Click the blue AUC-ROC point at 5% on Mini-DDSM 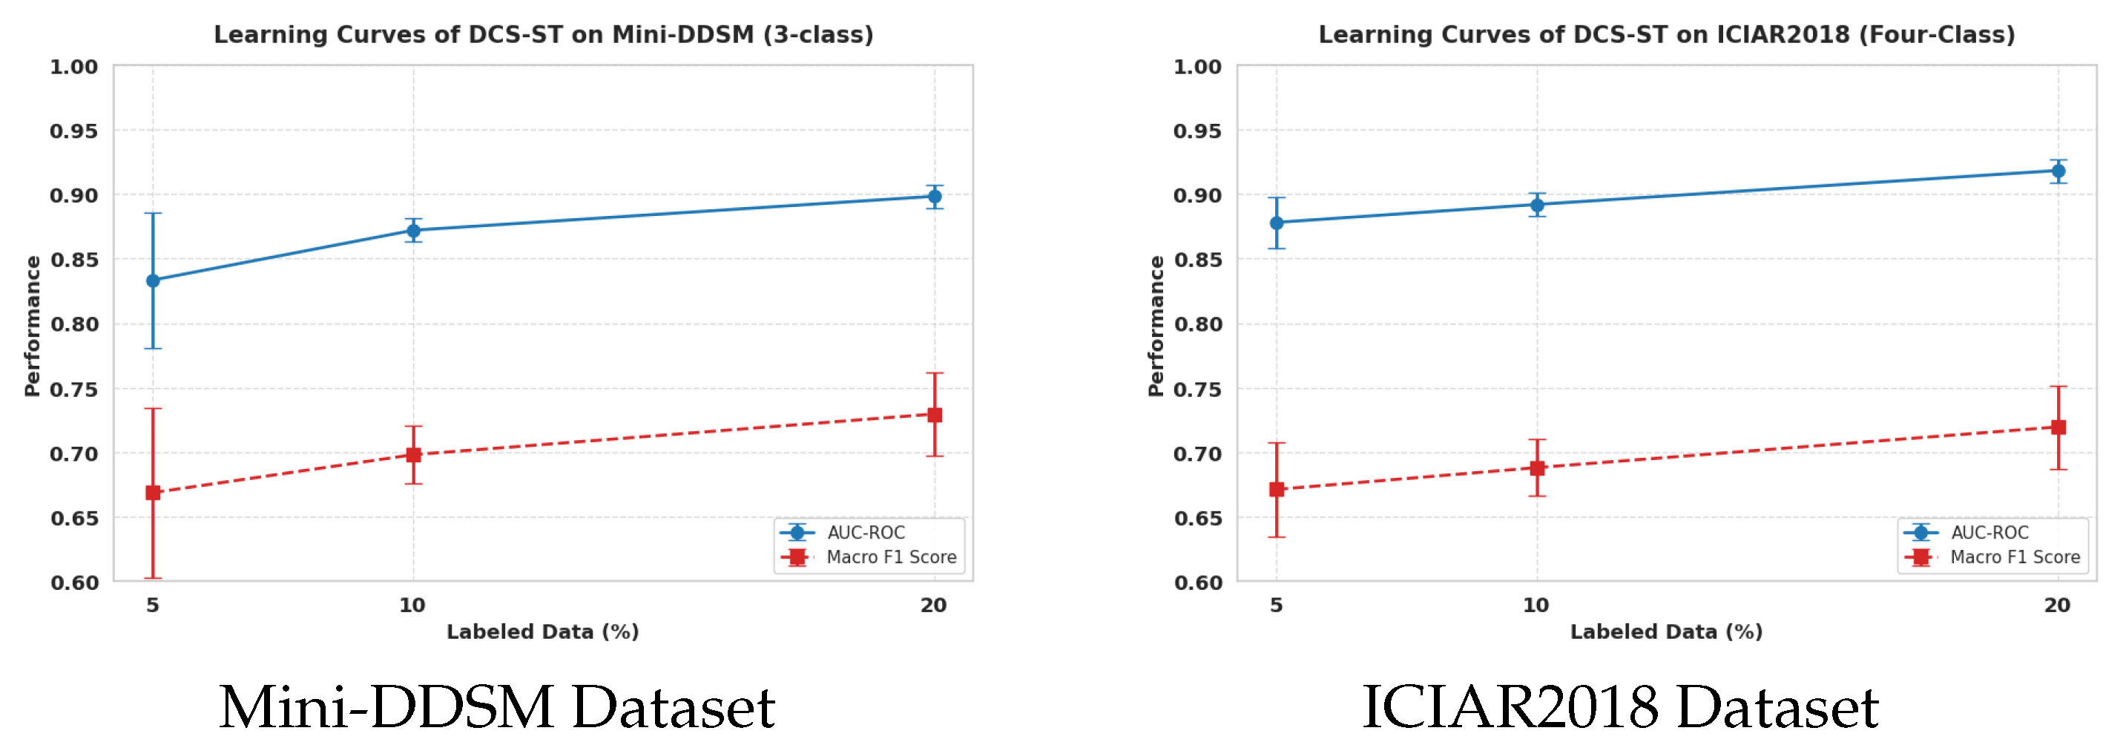(x=153, y=280)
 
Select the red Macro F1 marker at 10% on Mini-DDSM (x=414, y=454)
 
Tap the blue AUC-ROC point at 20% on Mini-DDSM (x=935, y=196)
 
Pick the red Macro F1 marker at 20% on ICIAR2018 (x=2058, y=427)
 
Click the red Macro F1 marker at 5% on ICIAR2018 (x=1277, y=490)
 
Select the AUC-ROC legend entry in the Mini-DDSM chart (x=866, y=532)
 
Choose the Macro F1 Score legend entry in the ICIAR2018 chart (x=2014, y=557)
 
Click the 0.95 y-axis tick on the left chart (x=73, y=131)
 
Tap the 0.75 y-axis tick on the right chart (x=1197, y=389)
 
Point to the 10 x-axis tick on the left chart (x=412, y=605)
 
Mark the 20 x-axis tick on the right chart (x=2057, y=605)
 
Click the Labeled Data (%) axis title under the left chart (x=542, y=632)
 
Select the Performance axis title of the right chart (x=1156, y=326)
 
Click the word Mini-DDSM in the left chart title (x=682, y=35)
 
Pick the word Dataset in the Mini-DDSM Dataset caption (x=674, y=707)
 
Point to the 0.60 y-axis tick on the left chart (x=74, y=582)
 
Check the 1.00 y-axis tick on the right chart (x=1197, y=67)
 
